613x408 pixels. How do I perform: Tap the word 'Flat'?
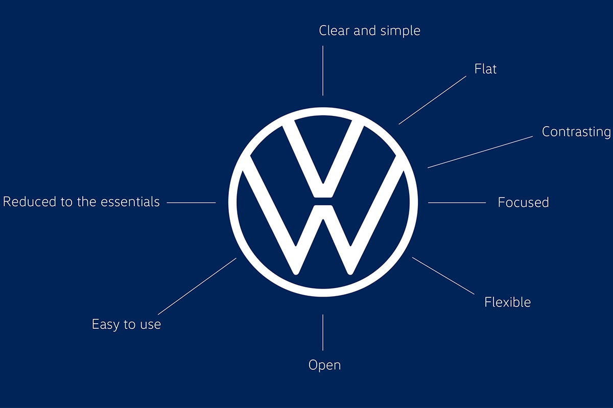point(485,69)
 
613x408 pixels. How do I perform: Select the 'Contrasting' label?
point(576,132)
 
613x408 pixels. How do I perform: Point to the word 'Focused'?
point(523,203)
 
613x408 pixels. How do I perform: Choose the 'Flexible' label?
point(507,302)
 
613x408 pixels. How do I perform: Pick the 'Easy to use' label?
point(126,325)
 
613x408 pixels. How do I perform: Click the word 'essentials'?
point(130,202)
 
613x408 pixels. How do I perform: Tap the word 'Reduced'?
point(30,202)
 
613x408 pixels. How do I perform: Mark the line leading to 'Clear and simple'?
point(323,70)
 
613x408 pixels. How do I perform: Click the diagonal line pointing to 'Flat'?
point(432,100)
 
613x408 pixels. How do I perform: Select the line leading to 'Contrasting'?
point(480,152)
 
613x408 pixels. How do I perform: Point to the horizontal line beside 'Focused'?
point(457,203)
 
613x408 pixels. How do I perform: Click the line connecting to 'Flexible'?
point(443,276)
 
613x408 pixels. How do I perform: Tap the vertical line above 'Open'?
point(323,332)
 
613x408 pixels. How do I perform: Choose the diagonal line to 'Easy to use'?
point(197,286)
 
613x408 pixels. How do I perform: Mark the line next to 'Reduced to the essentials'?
point(191,203)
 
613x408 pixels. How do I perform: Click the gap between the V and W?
point(323,201)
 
